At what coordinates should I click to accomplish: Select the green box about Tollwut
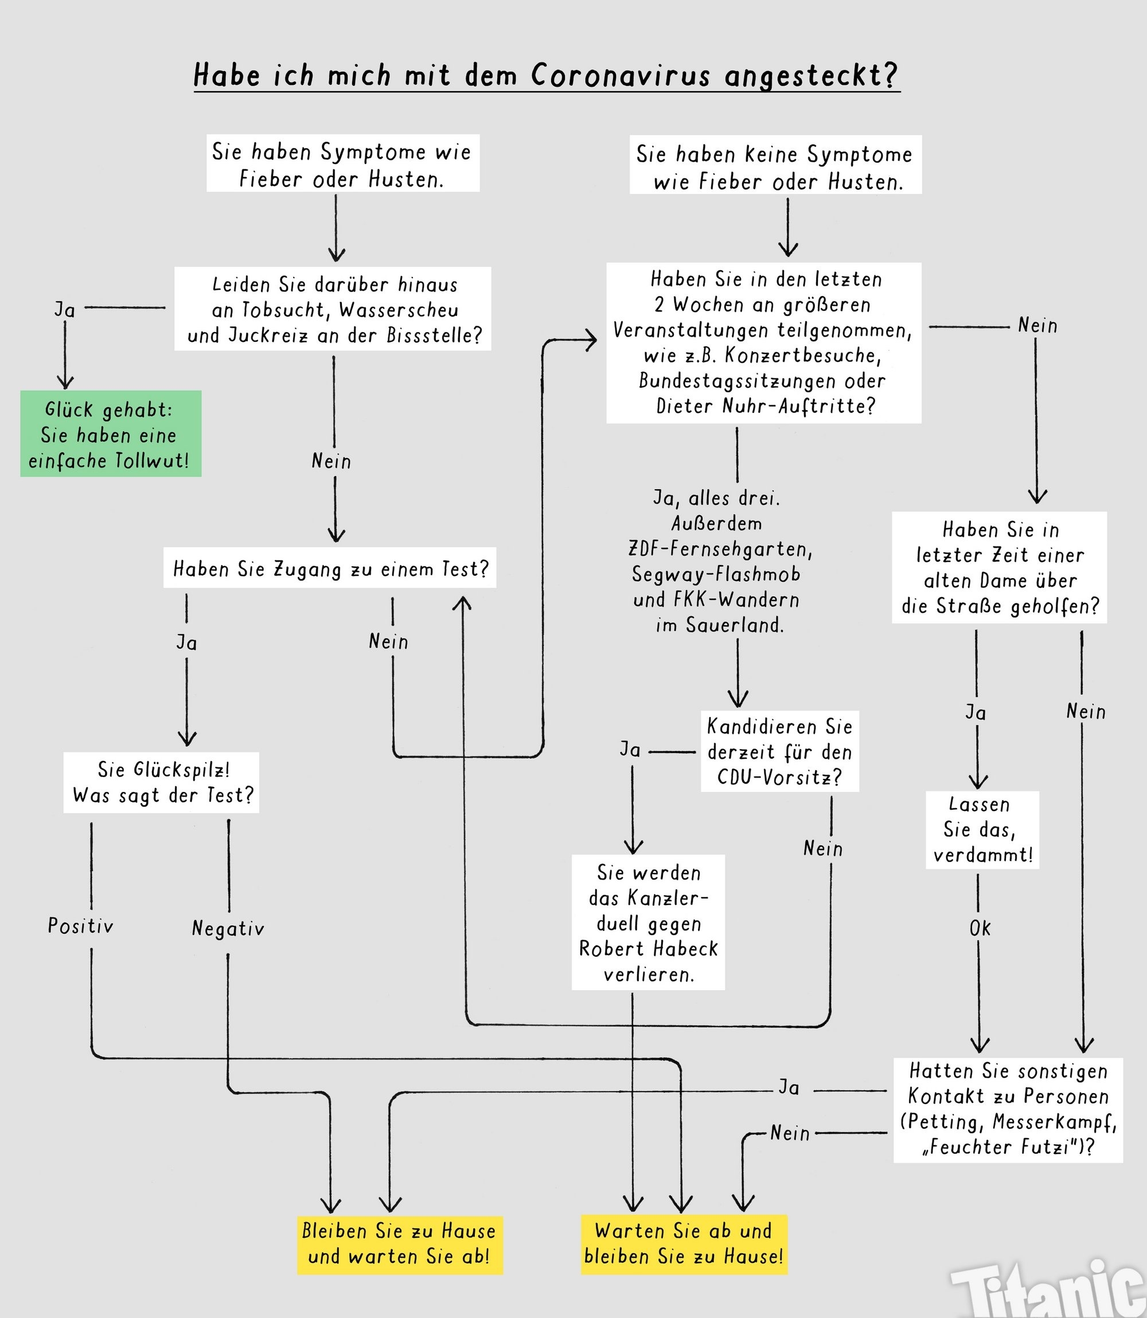coord(111,434)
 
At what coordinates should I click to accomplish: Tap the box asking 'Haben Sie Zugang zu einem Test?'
coord(330,568)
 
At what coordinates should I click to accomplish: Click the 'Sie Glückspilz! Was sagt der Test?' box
coord(161,782)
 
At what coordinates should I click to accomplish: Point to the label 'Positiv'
coord(81,926)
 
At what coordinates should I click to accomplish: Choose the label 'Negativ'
coord(228,927)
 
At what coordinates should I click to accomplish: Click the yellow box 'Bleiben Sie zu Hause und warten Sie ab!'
coord(399,1244)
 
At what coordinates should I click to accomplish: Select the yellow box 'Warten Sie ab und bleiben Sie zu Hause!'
coord(684,1244)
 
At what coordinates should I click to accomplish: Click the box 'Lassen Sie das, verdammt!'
coord(982,829)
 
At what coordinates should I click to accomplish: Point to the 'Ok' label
coord(980,928)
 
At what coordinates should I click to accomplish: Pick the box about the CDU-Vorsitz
coord(779,751)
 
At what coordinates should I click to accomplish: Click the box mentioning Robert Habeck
coord(647,923)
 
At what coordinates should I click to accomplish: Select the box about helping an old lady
coord(999,567)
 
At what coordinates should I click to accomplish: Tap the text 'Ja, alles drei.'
coord(716,498)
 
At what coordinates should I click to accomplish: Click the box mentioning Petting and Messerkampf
coord(1008,1109)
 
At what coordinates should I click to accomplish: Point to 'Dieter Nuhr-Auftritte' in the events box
coord(764,406)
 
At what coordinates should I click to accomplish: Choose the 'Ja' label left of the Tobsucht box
coord(65,310)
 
